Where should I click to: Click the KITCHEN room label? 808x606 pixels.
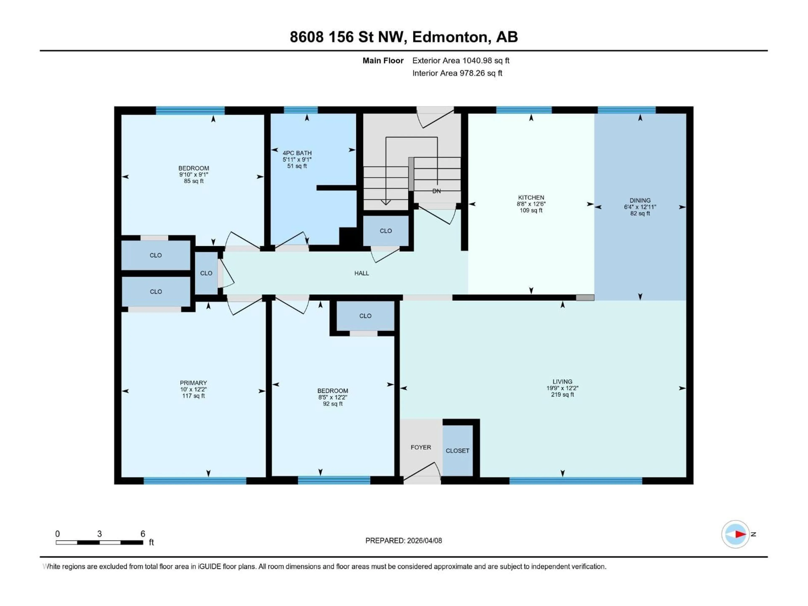point(531,197)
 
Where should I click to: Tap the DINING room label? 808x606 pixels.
point(640,200)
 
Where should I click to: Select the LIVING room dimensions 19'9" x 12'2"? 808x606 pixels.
point(562,388)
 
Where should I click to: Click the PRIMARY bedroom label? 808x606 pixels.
point(193,383)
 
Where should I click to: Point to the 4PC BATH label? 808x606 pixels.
point(297,153)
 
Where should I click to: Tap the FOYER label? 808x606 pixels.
point(420,447)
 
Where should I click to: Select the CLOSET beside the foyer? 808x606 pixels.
point(457,451)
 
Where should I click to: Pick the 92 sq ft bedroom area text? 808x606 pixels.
point(332,404)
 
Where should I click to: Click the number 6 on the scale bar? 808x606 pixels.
point(143,534)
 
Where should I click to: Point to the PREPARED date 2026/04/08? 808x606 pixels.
point(403,541)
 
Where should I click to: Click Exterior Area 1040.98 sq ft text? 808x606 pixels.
point(461,61)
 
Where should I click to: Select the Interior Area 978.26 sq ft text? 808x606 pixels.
point(457,73)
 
